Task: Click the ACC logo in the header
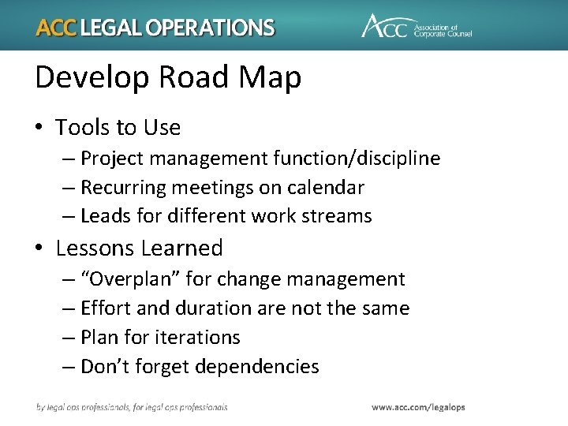click(416, 26)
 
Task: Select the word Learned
click(184, 248)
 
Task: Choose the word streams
click(337, 216)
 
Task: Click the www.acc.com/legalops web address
click(418, 407)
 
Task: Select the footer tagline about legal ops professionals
click(132, 407)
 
